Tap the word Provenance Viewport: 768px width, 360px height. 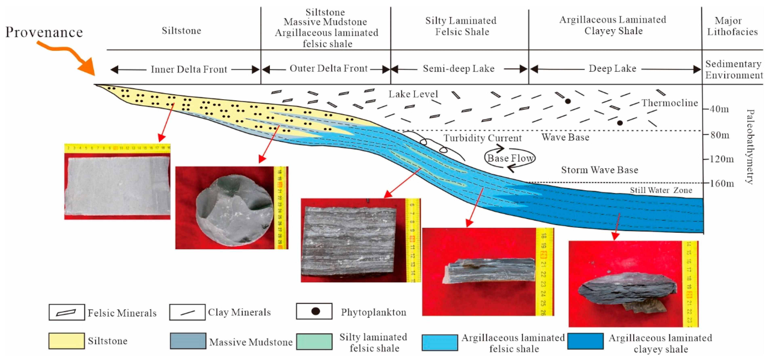pyautogui.click(x=44, y=32)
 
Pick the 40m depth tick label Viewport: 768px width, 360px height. pyautogui.click(x=719, y=109)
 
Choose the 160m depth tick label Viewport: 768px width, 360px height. pyautogui.click(x=722, y=183)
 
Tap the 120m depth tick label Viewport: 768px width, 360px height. pyautogui.click(x=722, y=159)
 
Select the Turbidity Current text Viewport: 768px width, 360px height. pyautogui.click(x=482, y=138)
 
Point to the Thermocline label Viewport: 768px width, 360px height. pyautogui.click(x=670, y=103)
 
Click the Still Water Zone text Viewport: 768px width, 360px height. pyautogui.click(x=661, y=190)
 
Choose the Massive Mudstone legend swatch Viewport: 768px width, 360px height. pyautogui.click(x=188, y=341)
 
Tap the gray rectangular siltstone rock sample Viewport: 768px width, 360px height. pyautogui.click(x=118, y=186)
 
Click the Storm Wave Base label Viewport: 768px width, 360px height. pyautogui.click(x=599, y=170)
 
